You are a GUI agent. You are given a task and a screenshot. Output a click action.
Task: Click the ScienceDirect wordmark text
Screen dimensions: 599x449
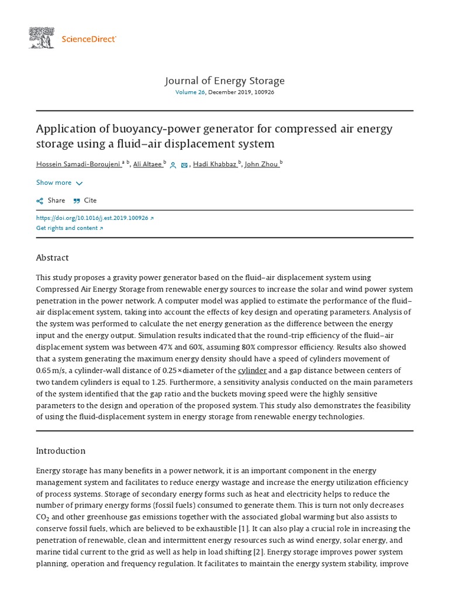tap(89, 39)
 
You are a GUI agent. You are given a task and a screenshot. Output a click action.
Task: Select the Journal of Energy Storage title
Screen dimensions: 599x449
tap(224, 81)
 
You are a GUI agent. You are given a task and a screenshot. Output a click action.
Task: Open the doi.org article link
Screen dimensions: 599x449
tap(95, 218)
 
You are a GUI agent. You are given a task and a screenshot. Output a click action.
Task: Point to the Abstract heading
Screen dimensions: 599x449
tap(53, 258)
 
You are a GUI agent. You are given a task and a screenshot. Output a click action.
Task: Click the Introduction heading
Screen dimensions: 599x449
tap(61, 451)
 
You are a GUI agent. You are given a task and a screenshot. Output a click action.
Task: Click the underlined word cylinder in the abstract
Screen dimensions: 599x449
tap(252, 371)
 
